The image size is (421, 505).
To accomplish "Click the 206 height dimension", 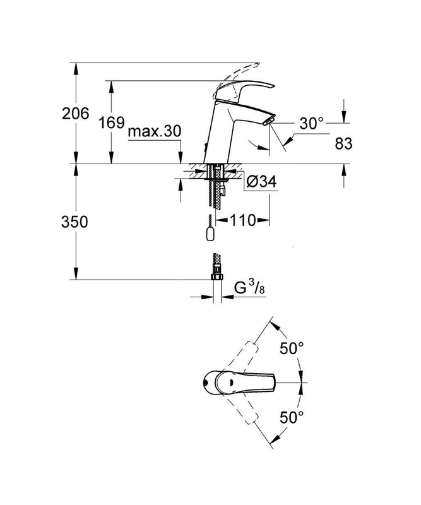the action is [75, 114].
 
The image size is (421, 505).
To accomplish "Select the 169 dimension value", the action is [111, 122].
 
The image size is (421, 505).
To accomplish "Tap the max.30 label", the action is [155, 131].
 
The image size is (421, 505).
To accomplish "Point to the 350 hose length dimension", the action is [74, 222].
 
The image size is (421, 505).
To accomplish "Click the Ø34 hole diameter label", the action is [261, 182].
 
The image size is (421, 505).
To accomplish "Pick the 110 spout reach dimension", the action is [243, 220].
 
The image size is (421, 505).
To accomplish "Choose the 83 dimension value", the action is [343, 143].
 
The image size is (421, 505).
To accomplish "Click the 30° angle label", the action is [311, 123].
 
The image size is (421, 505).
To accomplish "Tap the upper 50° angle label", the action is [292, 348].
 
